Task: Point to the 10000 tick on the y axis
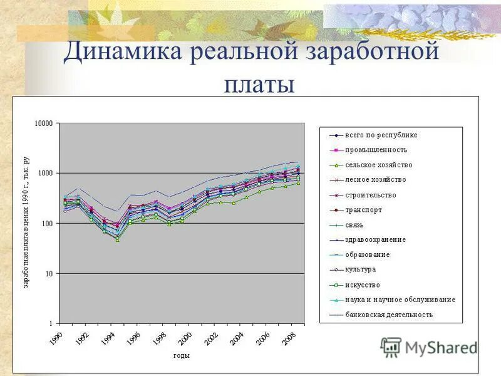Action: click(x=44, y=123)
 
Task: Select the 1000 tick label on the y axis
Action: click(x=46, y=174)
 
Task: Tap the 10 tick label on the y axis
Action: click(x=50, y=274)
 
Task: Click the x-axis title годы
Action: click(x=182, y=355)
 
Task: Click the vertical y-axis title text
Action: click(x=26, y=222)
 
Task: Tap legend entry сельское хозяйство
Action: click(x=378, y=165)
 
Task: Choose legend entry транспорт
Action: click(x=363, y=210)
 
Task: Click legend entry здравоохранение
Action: click(x=375, y=239)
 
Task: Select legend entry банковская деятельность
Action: click(x=388, y=315)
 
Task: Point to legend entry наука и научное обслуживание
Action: click(x=400, y=300)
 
